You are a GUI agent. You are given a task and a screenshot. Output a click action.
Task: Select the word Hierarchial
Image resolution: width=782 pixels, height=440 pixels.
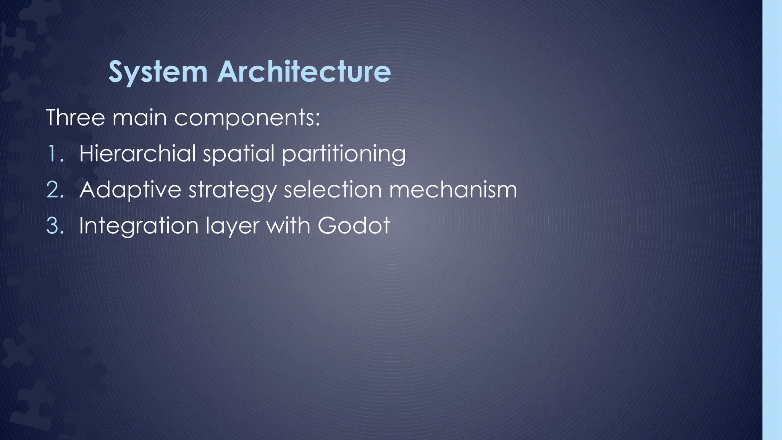click(x=137, y=153)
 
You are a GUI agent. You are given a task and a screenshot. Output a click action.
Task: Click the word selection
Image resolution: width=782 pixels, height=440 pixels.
click(x=332, y=189)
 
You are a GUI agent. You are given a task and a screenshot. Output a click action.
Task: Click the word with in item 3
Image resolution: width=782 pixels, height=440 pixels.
click(x=288, y=225)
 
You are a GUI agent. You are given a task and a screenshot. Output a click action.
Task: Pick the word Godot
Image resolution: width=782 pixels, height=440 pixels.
click(x=354, y=225)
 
